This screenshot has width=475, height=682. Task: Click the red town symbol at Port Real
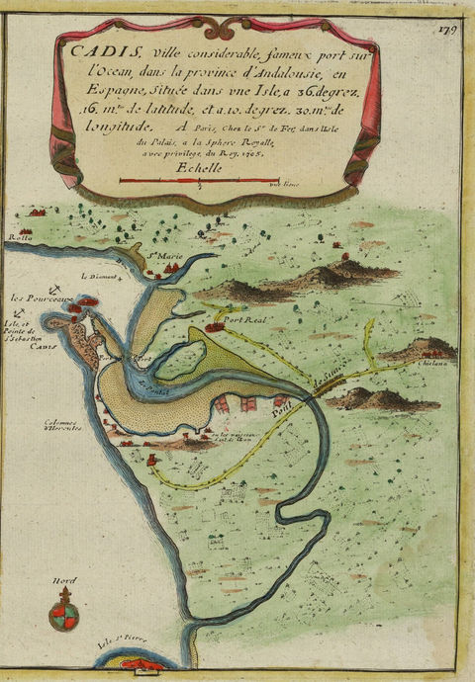[214, 325]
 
